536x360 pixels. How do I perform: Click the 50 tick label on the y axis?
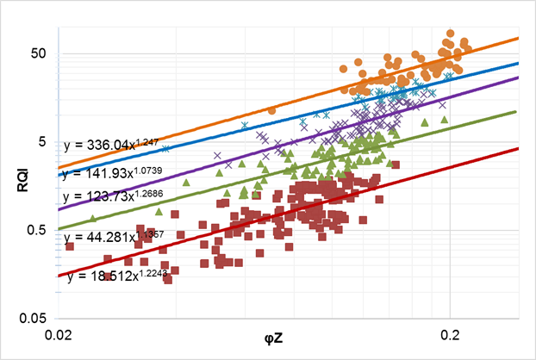(x=38, y=53)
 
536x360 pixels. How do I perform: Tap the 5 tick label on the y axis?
(x=41, y=141)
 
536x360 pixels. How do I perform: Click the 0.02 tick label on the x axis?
(x=57, y=333)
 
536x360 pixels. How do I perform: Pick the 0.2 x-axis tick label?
(x=450, y=333)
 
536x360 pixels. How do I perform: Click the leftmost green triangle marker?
(x=93, y=218)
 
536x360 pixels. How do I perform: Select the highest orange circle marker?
(x=450, y=34)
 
